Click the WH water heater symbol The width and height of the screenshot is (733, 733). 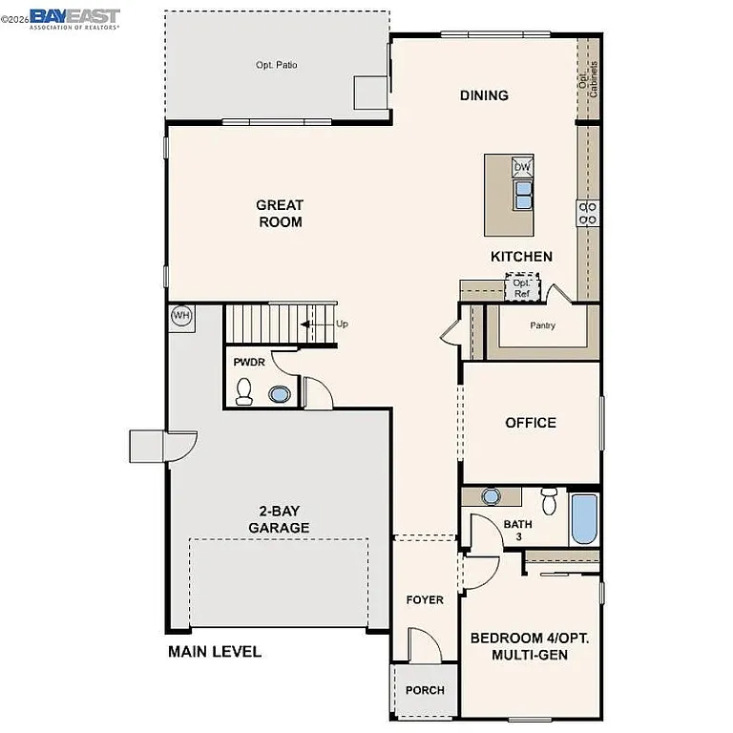pyautogui.click(x=180, y=316)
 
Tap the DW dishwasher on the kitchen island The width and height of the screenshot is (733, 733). pyautogui.click(x=522, y=168)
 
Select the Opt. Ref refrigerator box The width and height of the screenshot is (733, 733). pyautogui.click(x=521, y=287)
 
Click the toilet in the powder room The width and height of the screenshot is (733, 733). pyautogui.click(x=244, y=392)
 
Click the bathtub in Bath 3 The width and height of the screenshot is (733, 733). pyautogui.click(x=583, y=519)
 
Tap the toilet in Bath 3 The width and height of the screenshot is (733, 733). pyautogui.click(x=549, y=501)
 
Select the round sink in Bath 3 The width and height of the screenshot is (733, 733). pyautogui.click(x=492, y=495)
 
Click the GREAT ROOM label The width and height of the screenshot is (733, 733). pyautogui.click(x=280, y=213)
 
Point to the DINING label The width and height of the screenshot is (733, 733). pyautogui.click(x=484, y=95)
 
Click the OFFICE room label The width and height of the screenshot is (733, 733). pyautogui.click(x=531, y=423)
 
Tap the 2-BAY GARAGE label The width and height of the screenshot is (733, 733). pyautogui.click(x=279, y=519)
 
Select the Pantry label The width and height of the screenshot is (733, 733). pyautogui.click(x=543, y=325)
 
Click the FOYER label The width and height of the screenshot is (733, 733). pyautogui.click(x=425, y=599)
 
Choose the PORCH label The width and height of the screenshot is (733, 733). pyautogui.click(x=425, y=690)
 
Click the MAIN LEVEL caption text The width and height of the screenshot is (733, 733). pyautogui.click(x=215, y=652)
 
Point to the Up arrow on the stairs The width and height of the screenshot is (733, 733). pyautogui.click(x=315, y=325)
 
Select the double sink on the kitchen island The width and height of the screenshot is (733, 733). pyautogui.click(x=522, y=196)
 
